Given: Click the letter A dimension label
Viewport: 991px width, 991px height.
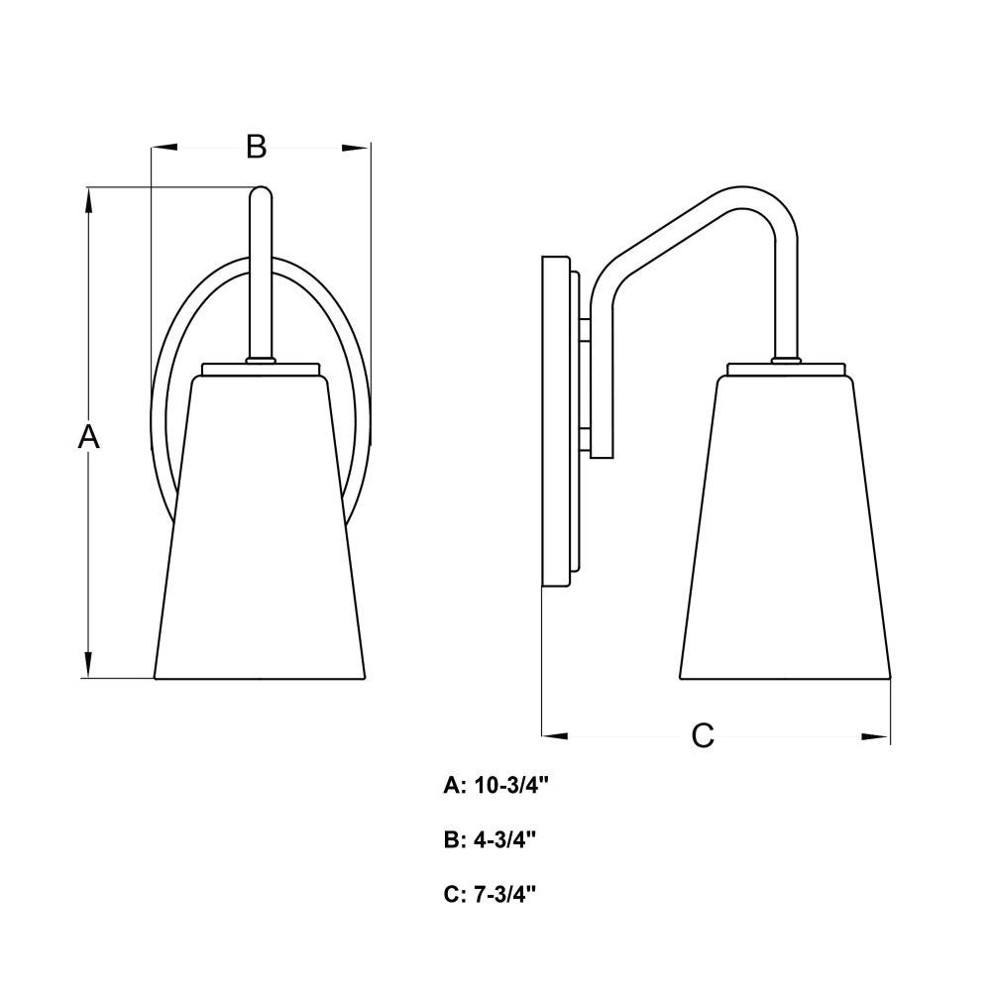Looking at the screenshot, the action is click(89, 436).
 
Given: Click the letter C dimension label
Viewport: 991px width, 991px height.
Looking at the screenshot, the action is click(703, 735).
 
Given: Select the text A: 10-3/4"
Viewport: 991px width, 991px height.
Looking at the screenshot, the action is click(496, 785).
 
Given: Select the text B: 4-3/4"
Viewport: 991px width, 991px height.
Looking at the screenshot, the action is click(490, 839).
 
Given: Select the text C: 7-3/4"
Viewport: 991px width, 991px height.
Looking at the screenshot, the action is click(490, 894).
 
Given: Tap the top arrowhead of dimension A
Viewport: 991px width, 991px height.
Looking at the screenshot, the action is click(88, 201).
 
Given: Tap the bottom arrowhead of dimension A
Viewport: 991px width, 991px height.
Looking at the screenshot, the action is click(88, 664).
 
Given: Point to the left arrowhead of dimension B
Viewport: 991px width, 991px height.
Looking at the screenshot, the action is click(165, 148).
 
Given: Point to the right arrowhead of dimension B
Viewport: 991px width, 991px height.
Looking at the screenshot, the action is click(356, 148).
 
